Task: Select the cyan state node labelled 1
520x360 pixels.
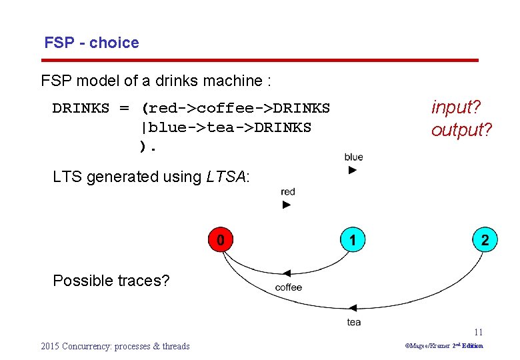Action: coord(353,239)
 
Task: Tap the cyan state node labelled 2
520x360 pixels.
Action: coord(485,239)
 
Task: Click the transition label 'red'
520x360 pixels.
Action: coord(288,192)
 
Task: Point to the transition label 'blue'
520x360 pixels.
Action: coord(354,157)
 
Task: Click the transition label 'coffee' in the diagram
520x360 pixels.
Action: coord(288,287)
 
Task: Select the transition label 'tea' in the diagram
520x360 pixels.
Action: coord(354,322)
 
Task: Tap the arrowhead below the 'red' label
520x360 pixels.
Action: coord(287,205)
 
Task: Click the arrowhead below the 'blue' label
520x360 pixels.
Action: coord(353,171)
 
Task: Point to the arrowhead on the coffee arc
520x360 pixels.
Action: coord(287,273)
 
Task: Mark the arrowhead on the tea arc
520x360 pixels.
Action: coord(353,307)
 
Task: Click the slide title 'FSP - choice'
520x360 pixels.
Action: coord(91,43)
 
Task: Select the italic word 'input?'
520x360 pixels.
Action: coord(457,107)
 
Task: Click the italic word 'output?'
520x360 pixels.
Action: coord(461,129)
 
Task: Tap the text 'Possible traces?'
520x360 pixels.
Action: coord(111,281)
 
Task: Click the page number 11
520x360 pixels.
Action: coord(478,332)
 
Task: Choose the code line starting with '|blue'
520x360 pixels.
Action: coord(225,127)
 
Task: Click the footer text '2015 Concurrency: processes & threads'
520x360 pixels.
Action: coord(115,346)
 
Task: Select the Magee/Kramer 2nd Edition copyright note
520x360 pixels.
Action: coord(444,346)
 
